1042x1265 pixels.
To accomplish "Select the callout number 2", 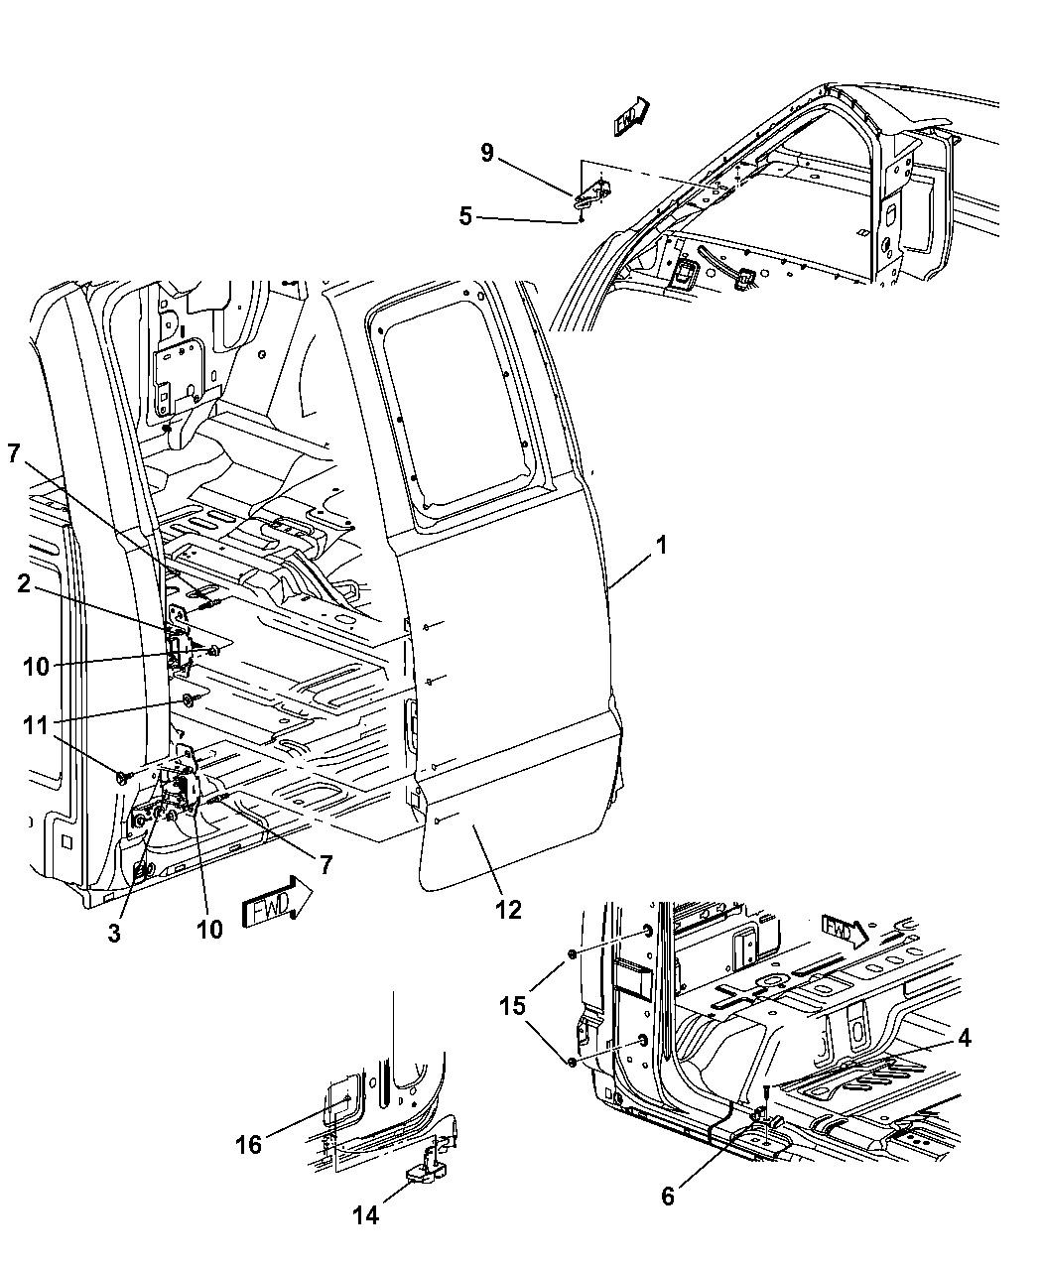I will [24, 586].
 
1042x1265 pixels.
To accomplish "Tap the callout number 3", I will [114, 934].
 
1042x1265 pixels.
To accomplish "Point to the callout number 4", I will [964, 1039].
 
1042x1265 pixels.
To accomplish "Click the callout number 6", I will [667, 1198].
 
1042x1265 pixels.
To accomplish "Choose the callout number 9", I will [487, 152].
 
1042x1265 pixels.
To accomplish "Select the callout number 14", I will [365, 1215].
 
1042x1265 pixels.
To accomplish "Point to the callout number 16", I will [248, 1145].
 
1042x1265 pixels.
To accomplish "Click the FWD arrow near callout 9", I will [630, 116].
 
